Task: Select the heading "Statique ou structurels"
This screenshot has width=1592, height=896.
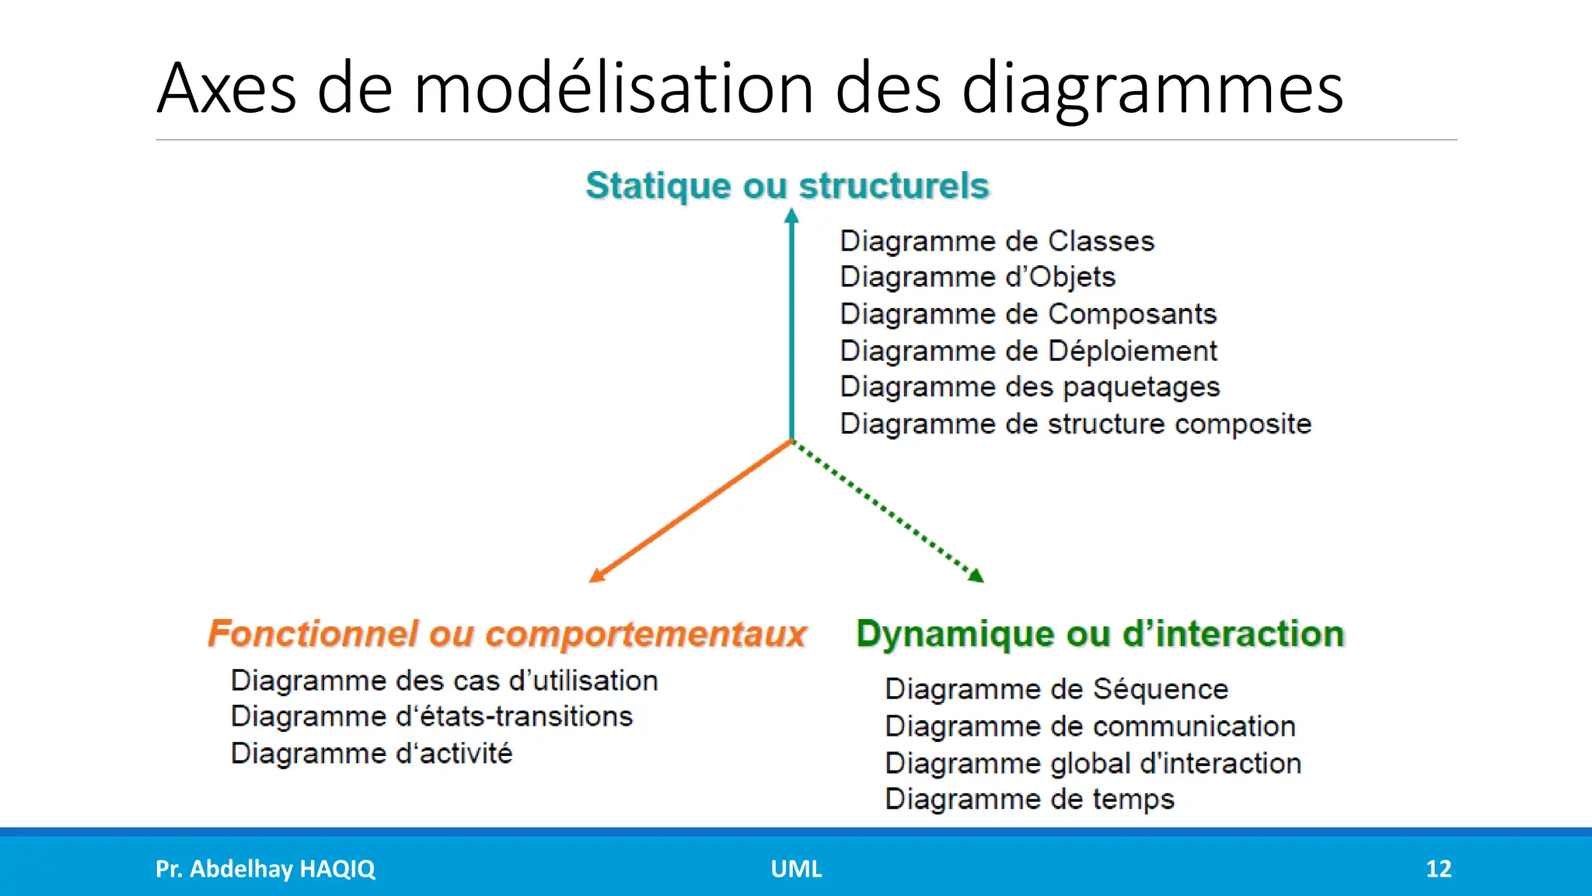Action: point(787,186)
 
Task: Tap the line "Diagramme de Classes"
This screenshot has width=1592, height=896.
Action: point(997,241)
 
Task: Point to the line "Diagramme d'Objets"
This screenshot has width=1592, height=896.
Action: point(978,277)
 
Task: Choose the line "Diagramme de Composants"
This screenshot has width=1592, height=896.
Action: point(1028,314)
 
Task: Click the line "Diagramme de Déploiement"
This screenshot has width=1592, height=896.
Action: point(1028,351)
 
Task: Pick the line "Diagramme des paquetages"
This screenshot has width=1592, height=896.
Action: point(1030,387)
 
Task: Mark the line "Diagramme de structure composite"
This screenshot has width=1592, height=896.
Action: point(1076,424)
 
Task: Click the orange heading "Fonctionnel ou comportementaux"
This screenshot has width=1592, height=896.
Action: point(507,634)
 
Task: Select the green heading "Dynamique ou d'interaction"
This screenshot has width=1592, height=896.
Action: point(1100,634)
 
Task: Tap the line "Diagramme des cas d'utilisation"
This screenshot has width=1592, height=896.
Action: point(445,681)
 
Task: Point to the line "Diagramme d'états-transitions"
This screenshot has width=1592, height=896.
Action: point(432,716)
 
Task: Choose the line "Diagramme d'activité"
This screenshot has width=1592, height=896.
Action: point(372,753)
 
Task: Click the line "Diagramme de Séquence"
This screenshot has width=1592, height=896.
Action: point(1056,689)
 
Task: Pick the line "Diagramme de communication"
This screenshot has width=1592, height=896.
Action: point(1090,726)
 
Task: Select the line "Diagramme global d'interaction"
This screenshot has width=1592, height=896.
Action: point(1093,763)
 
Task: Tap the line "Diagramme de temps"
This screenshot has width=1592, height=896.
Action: point(1029,800)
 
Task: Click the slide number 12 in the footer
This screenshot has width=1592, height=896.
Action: point(1438,869)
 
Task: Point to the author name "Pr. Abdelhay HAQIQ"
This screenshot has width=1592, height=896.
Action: point(265,869)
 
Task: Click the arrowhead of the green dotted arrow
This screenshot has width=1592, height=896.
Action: point(977,576)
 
